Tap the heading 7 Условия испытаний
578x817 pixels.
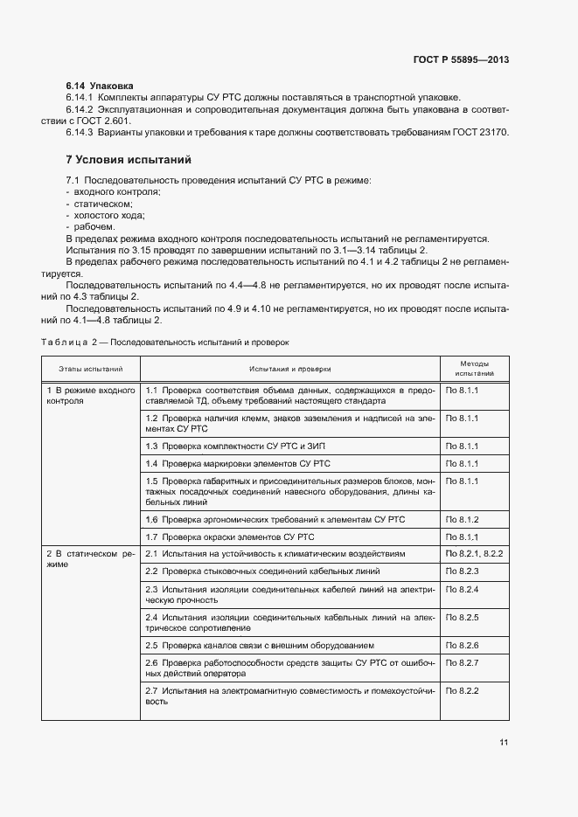point(129,160)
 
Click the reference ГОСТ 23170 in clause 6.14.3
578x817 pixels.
point(479,132)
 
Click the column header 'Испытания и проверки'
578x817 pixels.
point(289,369)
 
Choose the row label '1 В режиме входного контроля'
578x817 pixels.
point(90,396)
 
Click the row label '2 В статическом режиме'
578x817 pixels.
point(90,559)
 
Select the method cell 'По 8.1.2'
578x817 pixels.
point(463,520)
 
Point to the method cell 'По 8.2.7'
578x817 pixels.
point(463,662)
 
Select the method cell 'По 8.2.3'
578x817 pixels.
point(463,571)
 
